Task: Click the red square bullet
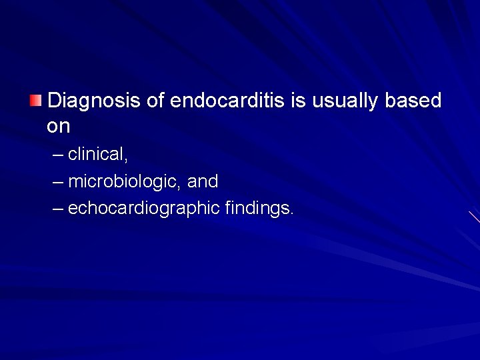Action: tap(35, 101)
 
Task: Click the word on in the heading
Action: tap(59, 126)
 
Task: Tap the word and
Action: tap(203, 181)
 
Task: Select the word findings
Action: tap(257, 209)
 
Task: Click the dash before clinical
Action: tap(58, 155)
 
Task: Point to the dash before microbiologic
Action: tap(58, 182)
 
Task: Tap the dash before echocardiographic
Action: tap(58, 209)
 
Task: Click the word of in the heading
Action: tap(155, 101)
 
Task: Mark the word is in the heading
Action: tap(299, 101)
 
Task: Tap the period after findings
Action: tap(291, 213)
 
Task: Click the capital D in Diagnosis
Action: tap(55, 101)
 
